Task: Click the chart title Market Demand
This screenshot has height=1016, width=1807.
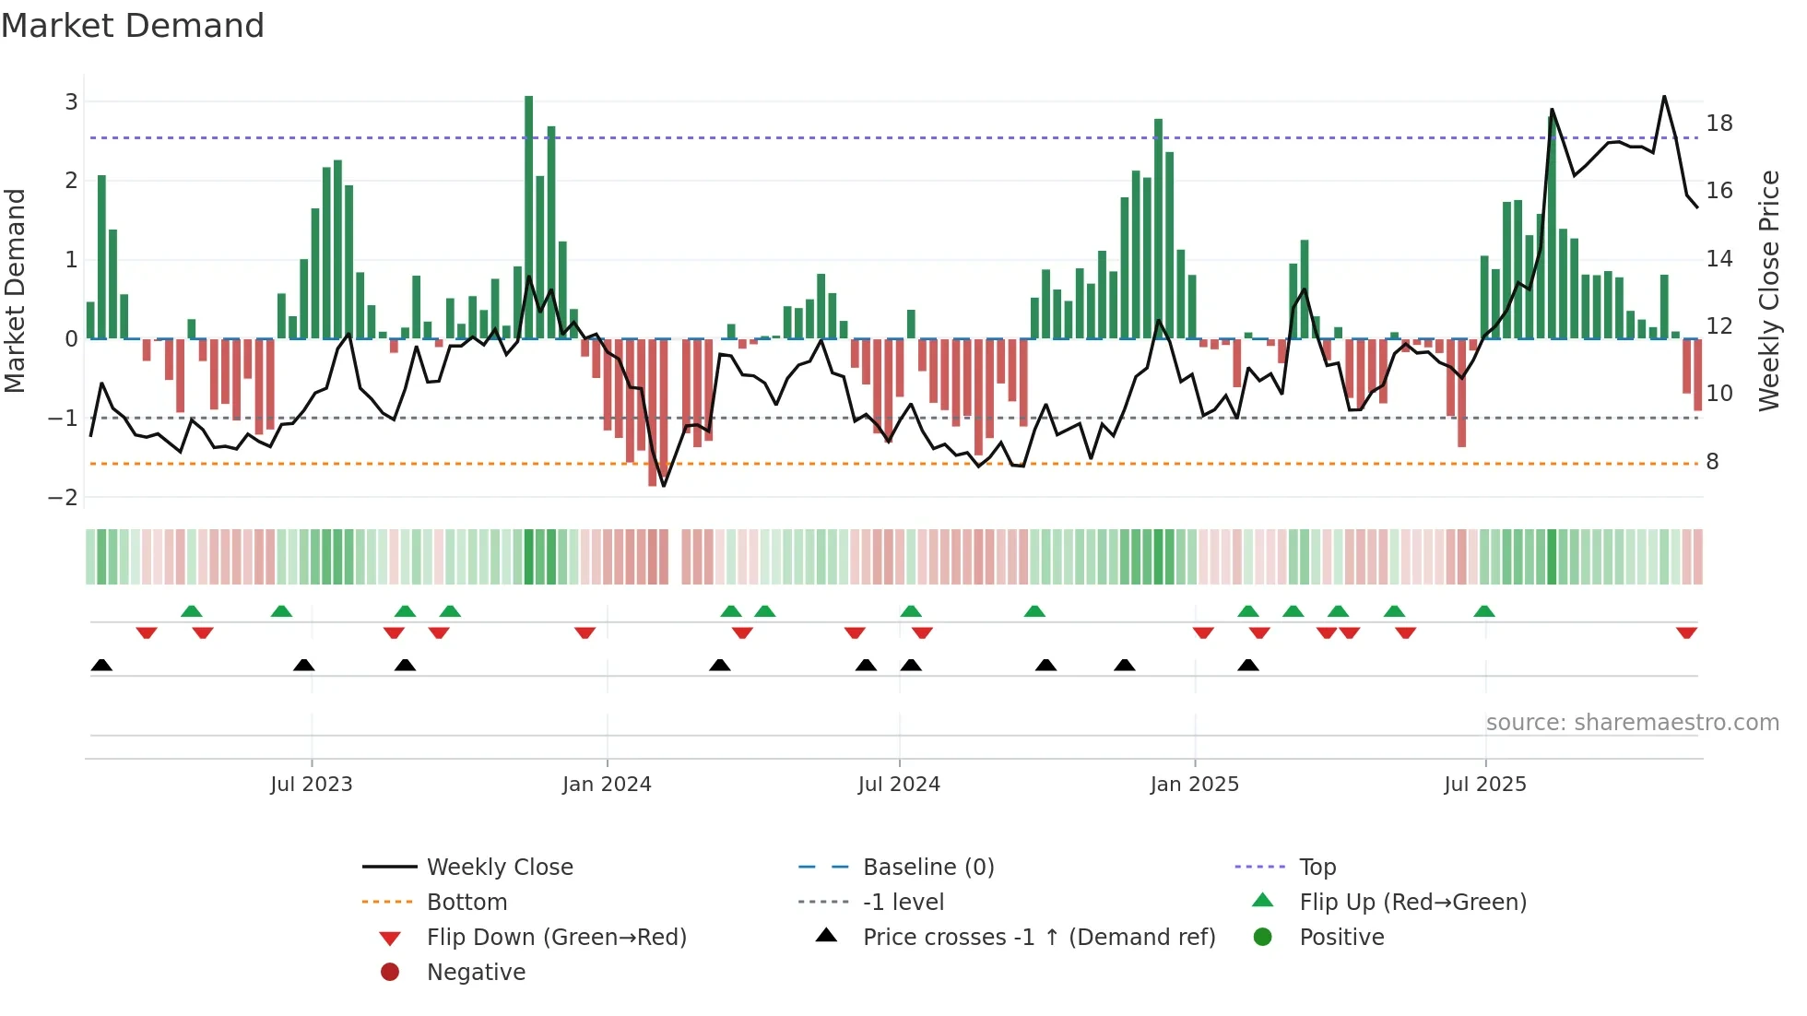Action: [x=133, y=26]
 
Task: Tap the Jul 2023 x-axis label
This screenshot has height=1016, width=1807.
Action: [x=311, y=785]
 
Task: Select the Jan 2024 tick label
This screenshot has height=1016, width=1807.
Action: [x=607, y=785]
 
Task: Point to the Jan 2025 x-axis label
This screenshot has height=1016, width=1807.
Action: [x=1194, y=785]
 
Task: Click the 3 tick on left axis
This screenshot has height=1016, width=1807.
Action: [x=71, y=102]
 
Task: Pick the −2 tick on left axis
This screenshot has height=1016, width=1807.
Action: [x=64, y=498]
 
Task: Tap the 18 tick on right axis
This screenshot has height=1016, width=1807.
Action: [x=1719, y=124]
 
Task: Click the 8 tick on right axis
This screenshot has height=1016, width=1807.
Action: [x=1712, y=462]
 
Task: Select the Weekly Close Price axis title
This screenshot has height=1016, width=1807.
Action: [x=1768, y=290]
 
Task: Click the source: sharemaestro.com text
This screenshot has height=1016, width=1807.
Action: [x=1632, y=723]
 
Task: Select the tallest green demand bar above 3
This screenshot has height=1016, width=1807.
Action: [x=529, y=217]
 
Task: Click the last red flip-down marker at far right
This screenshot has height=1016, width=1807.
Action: [x=1686, y=633]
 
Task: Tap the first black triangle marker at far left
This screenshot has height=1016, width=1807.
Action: [x=101, y=666]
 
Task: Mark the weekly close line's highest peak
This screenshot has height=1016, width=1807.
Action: [x=1664, y=97]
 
